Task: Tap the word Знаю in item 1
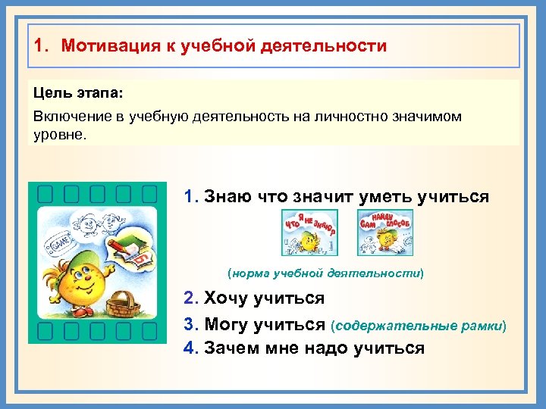(228, 197)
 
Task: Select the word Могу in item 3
(228, 324)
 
